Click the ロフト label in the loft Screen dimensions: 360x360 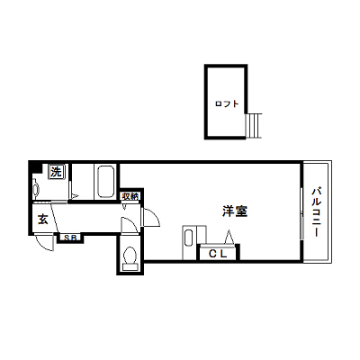[227, 104]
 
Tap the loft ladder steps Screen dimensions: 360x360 [254, 126]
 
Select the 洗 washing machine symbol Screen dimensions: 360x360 [56, 172]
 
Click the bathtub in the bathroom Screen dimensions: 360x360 [105, 181]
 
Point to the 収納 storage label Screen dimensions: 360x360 [130, 196]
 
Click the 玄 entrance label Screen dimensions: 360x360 [42, 220]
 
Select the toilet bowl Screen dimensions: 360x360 [130, 257]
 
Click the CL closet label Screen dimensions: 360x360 [218, 254]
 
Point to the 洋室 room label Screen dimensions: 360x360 [235, 211]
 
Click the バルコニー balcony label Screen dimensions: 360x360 [316, 212]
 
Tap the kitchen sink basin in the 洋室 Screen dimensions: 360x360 [188, 238]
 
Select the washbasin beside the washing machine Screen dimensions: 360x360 [36, 189]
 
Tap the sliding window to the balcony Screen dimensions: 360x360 [301, 213]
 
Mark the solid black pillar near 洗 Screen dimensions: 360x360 [35, 166]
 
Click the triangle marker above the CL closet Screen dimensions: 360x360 [229, 237]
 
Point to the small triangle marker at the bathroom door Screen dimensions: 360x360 [74, 196]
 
